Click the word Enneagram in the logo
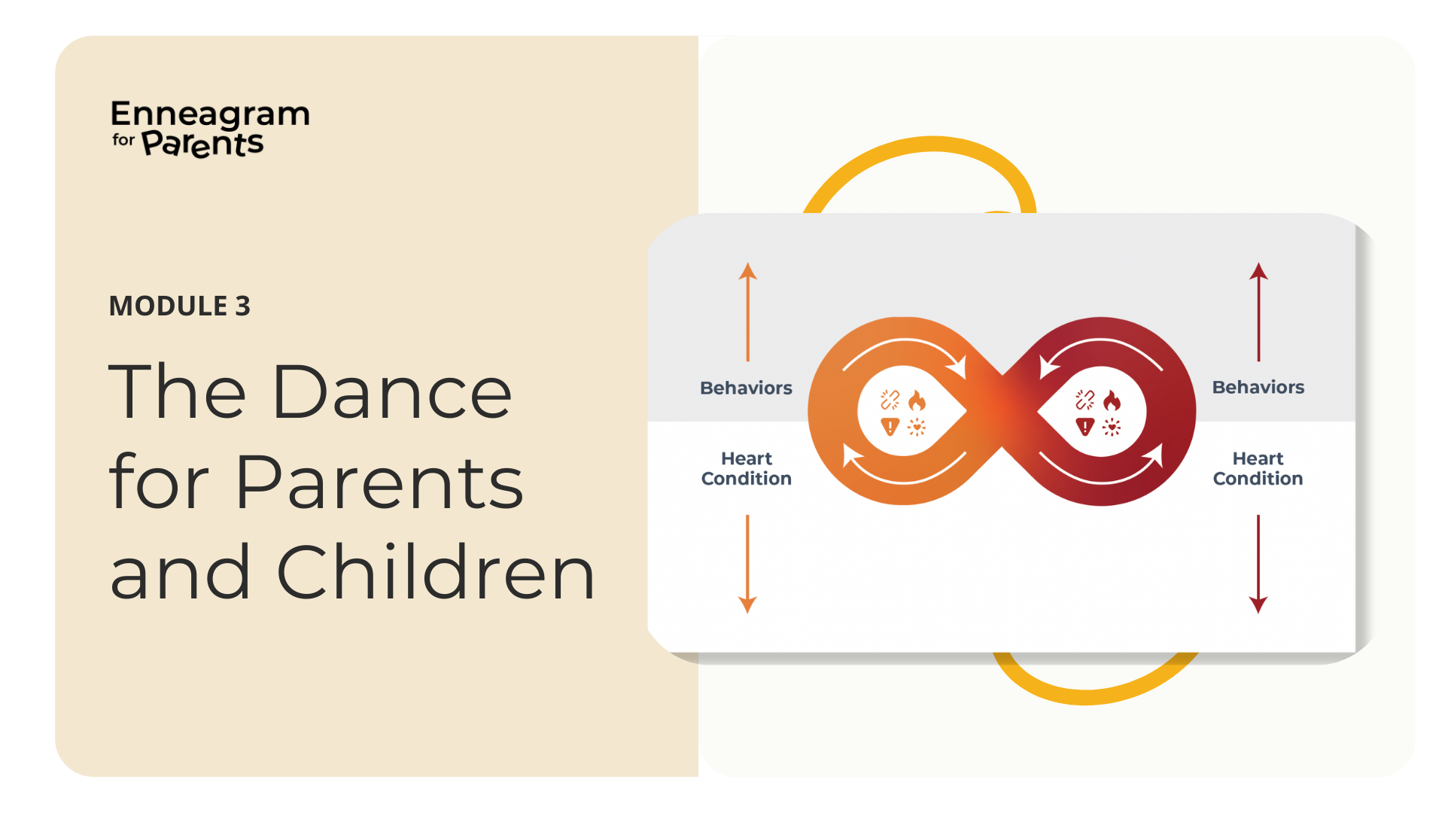click(210, 114)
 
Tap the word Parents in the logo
click(203, 143)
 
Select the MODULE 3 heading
click(180, 306)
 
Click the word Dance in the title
click(392, 391)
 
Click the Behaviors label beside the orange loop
click(746, 388)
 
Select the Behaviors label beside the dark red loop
click(1258, 387)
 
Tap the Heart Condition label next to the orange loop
click(747, 468)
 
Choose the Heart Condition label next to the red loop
click(1258, 468)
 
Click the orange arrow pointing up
click(747, 312)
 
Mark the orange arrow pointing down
click(747, 564)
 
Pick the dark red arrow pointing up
click(1258, 312)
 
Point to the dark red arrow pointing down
click(1258, 564)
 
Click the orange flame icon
click(917, 400)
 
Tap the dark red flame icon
click(1112, 400)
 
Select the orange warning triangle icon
click(890, 427)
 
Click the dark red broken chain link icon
click(1085, 400)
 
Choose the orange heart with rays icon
click(917, 428)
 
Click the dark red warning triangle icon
click(1085, 427)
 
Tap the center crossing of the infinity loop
click(1002, 411)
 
